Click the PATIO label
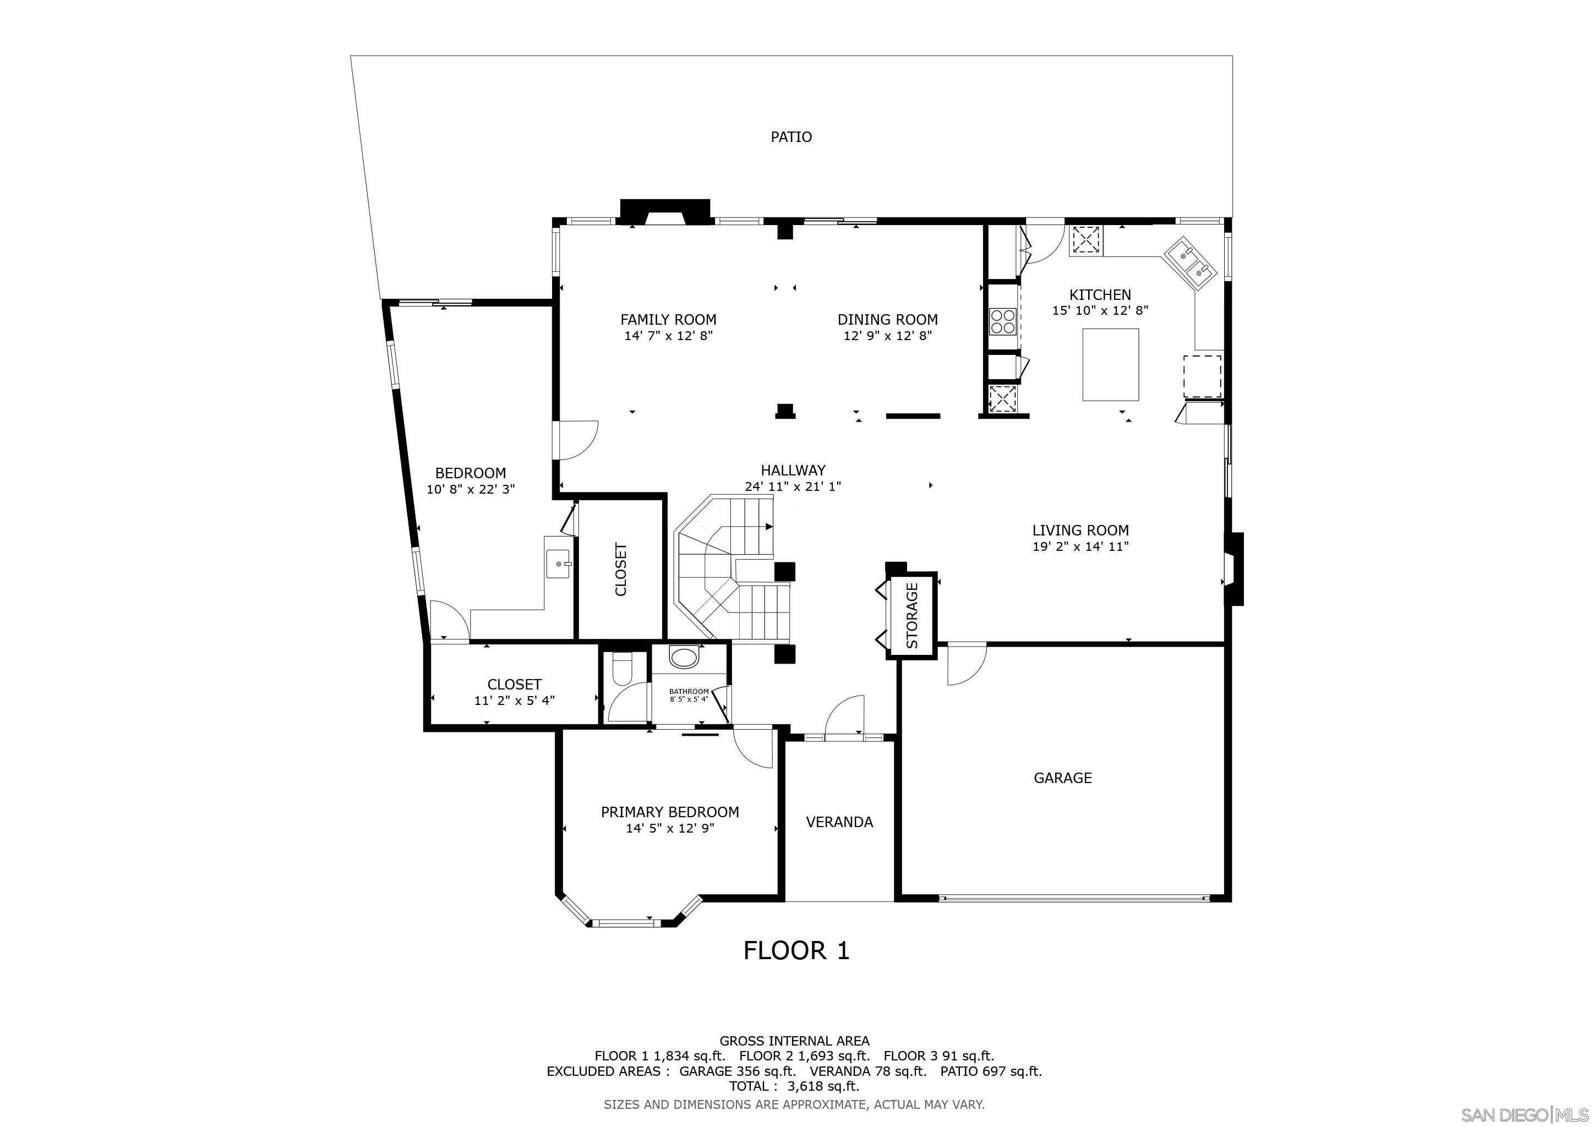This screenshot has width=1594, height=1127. click(791, 136)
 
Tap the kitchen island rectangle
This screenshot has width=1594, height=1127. click(1110, 364)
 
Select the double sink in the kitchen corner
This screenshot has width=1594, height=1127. click(1191, 261)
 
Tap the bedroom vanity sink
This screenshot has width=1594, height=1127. click(559, 563)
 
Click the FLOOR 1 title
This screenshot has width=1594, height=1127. click(796, 950)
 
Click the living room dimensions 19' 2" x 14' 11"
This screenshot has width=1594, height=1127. click(1080, 546)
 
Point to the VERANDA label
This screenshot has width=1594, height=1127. click(839, 822)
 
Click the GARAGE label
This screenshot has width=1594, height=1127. click(1062, 778)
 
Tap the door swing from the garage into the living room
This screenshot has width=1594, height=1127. click(965, 665)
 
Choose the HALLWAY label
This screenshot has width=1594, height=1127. click(793, 470)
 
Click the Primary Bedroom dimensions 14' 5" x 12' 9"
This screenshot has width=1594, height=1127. click(670, 828)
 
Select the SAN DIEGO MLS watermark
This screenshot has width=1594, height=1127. click(1526, 1114)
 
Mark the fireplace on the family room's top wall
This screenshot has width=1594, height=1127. click(665, 212)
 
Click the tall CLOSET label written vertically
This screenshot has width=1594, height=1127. click(621, 569)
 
